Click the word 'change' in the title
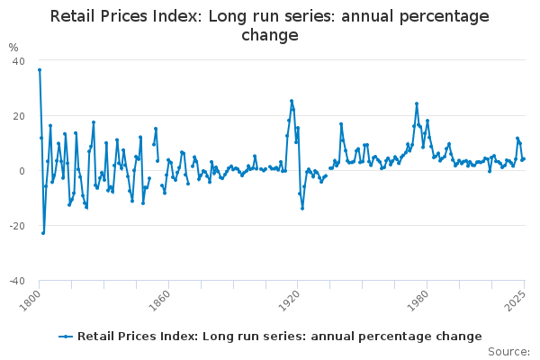point(270,36)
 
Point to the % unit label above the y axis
point(13,47)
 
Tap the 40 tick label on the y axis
point(19,61)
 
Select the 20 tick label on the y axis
point(19,116)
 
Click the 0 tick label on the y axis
point(22,171)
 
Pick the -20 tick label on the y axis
point(17,226)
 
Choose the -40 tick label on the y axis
point(17,281)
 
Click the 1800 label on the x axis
point(31,301)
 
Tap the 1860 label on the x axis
point(160,301)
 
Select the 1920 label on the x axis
point(289,301)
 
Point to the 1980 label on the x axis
point(418,301)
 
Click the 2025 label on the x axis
point(516,301)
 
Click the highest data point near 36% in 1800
point(40,70)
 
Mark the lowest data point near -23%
point(43,233)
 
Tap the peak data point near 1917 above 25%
point(292,101)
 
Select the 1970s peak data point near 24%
point(417,103)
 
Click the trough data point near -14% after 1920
point(302,209)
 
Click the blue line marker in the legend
point(66,337)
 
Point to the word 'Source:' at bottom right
point(509,352)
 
